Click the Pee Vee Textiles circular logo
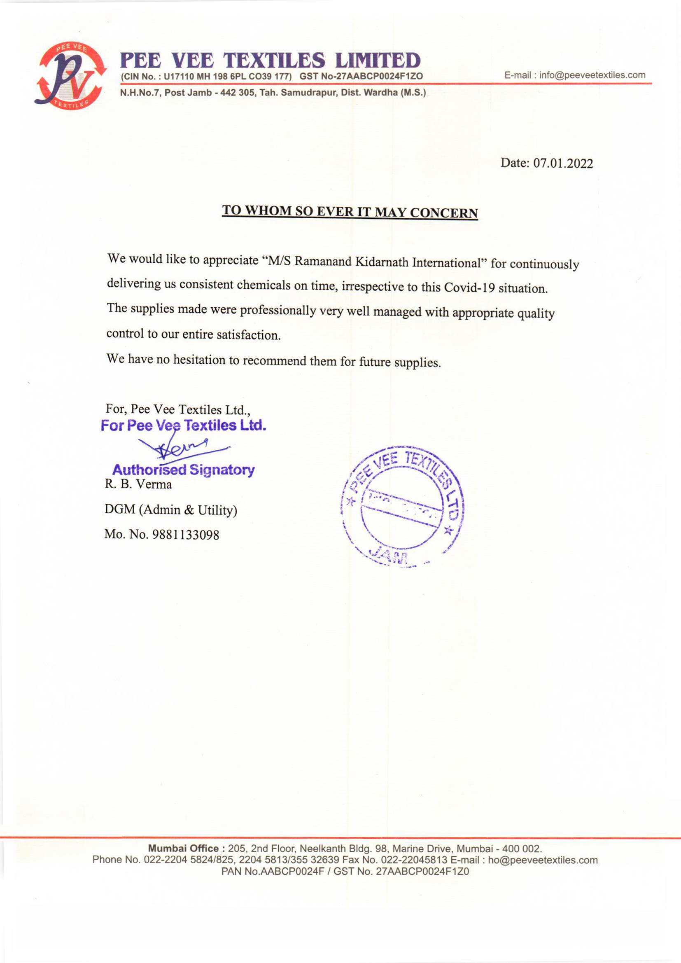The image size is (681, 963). (70, 76)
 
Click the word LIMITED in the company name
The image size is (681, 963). (378, 61)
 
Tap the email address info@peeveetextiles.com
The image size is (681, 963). (592, 75)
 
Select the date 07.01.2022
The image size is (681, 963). (563, 163)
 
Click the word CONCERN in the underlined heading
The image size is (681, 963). (444, 213)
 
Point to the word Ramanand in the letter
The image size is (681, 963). (323, 261)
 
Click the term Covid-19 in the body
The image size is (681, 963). (470, 288)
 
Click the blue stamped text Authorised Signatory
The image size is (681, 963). (183, 470)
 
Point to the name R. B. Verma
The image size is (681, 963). (138, 484)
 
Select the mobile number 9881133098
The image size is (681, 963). (185, 535)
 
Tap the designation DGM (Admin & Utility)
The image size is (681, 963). (171, 510)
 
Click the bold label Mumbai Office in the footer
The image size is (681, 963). (183, 848)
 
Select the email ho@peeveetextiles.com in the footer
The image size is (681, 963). (543, 860)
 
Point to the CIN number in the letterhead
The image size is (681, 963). (227, 76)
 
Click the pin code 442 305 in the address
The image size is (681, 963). (237, 93)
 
